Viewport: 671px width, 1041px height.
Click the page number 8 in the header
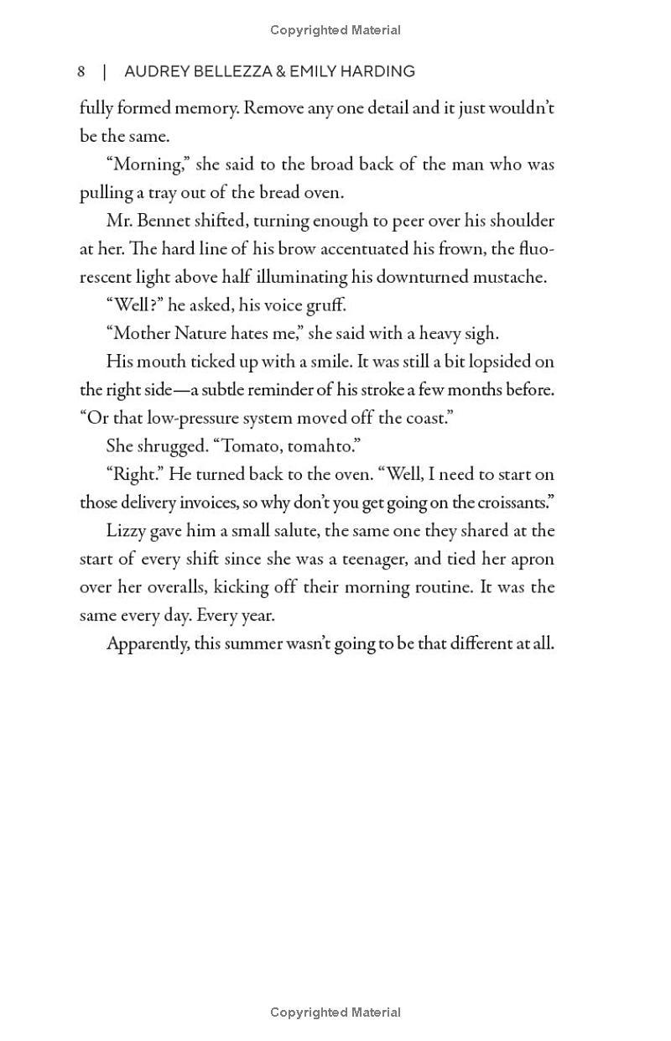click(x=81, y=71)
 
